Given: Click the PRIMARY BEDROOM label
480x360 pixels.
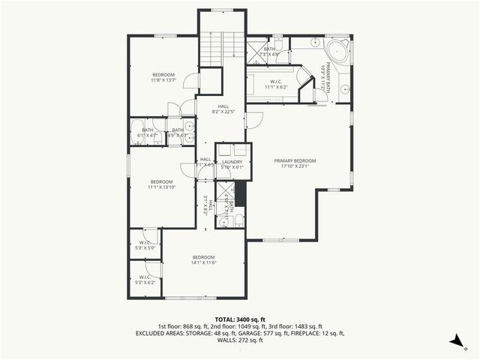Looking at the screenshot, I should click(295, 164).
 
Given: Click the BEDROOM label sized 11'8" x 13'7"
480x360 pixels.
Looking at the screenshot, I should click(163, 77).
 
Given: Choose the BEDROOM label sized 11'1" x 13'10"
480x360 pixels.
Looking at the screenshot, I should click(161, 184).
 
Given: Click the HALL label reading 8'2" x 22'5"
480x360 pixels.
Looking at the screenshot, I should click(223, 109).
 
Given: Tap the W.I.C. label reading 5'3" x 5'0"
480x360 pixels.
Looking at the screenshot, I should click(144, 244).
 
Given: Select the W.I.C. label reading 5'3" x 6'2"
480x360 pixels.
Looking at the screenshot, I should click(144, 280).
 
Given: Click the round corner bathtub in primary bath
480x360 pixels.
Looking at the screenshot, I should click(337, 53).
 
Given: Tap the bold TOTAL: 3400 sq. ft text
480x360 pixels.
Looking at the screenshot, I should click(239, 319).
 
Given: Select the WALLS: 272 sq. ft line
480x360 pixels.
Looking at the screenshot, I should click(239, 340).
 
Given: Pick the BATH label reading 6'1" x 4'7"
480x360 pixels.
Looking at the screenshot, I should click(147, 133).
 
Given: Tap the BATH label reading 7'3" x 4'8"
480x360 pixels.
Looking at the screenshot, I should click(269, 52).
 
